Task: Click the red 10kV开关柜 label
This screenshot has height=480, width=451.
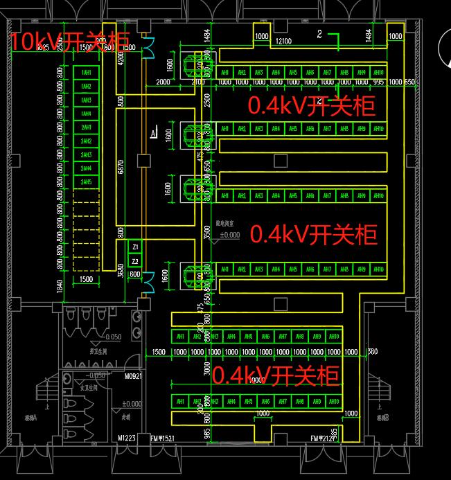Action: coord(69,42)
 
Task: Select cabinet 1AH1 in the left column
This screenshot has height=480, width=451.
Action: coord(87,73)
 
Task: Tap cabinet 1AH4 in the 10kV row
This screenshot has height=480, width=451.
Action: coord(87,114)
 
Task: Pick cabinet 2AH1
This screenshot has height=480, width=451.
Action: coord(87,128)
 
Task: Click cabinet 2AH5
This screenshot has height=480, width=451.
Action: coord(87,182)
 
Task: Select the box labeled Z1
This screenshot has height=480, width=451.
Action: coord(136,247)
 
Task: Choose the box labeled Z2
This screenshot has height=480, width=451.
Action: coord(136,261)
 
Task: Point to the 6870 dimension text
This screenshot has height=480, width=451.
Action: coord(121,166)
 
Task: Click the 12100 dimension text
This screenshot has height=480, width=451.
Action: coord(283,42)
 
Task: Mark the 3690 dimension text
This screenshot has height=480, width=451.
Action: coord(122,268)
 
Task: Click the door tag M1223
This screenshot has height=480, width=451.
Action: coord(125,438)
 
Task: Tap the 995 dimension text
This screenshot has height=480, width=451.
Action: coord(378,82)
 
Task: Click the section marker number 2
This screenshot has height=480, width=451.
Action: coord(319,33)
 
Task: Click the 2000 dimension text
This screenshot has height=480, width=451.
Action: coord(163,82)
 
